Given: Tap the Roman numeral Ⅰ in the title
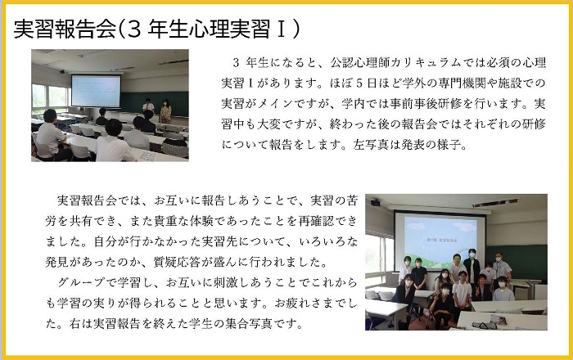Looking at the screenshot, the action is point(281,29).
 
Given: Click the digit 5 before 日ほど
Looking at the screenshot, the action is point(359,83).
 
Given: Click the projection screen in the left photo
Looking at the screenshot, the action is point(96,91).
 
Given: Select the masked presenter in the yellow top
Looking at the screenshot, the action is point(165,111).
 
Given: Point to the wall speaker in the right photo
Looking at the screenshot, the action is point(375,202).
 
